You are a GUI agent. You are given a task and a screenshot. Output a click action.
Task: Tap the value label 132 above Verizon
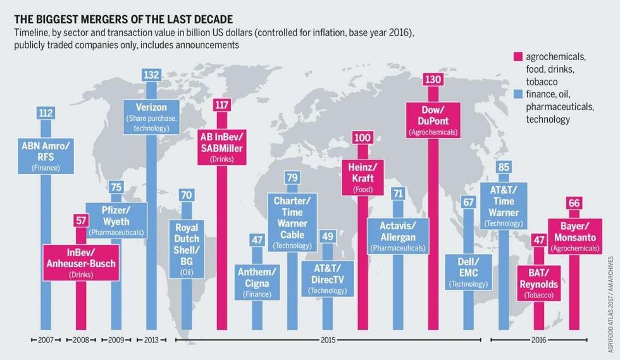(x=151, y=75)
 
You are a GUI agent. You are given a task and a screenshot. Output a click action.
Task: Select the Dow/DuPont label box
(x=433, y=118)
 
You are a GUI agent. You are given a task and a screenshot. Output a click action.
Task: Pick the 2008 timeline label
(x=80, y=340)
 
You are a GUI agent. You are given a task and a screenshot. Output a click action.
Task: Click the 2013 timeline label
(x=151, y=340)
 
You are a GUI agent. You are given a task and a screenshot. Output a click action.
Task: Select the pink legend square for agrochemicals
(x=516, y=57)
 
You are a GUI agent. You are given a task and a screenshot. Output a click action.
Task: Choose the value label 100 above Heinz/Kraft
(x=363, y=138)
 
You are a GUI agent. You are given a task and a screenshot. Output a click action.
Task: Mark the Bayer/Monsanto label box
(x=574, y=236)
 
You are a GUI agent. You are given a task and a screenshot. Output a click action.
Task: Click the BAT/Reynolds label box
(x=539, y=282)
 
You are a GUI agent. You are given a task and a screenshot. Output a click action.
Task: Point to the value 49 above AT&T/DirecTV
(x=327, y=236)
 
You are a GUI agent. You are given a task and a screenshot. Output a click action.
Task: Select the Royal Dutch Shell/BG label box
(x=186, y=244)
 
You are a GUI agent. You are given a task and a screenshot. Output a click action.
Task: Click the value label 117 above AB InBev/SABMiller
(x=221, y=104)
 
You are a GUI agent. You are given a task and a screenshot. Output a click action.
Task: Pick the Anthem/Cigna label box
(x=257, y=280)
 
